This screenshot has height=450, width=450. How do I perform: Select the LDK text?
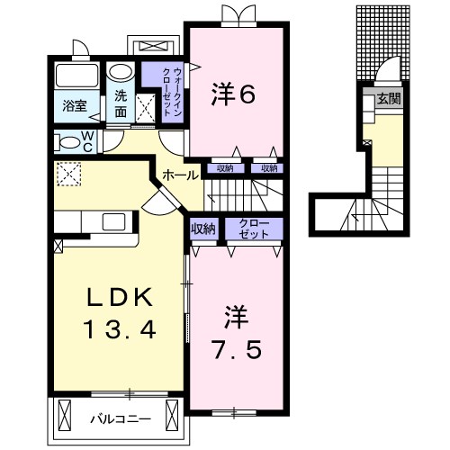[x=121, y=297]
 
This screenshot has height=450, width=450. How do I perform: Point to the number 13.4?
[x=121, y=329]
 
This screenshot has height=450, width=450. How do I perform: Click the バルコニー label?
[x=117, y=418]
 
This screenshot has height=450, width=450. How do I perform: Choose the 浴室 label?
[x=74, y=105]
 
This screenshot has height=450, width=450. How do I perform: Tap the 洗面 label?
[x=121, y=105]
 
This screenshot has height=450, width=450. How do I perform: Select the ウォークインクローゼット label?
[x=168, y=91]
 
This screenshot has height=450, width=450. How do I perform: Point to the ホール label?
[x=180, y=175]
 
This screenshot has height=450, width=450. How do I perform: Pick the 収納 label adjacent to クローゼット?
[x=203, y=229]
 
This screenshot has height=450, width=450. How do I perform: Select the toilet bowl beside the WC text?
[x=66, y=141]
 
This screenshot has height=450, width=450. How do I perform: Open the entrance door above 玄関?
[x=387, y=72]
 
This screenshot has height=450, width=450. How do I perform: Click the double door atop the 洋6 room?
[x=232, y=13]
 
